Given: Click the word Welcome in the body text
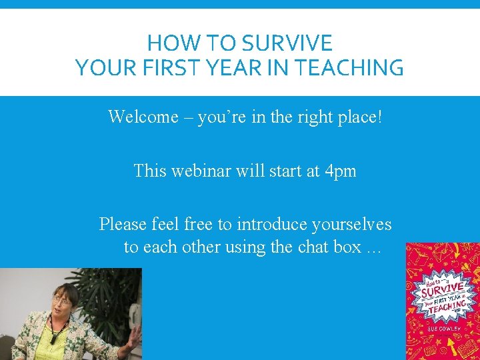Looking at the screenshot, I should [x=143, y=117].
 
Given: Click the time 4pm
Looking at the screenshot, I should [x=339, y=171].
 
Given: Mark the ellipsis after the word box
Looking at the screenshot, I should [x=372, y=248].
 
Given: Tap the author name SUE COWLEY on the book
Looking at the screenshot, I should [x=442, y=329].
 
